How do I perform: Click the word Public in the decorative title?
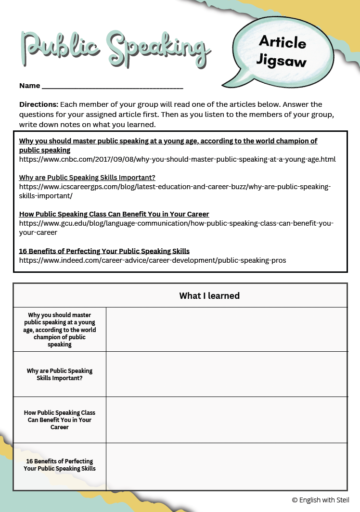tap(60, 48)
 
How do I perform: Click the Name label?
tap(29, 86)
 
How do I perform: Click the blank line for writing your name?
tap(112, 87)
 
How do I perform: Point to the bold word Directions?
tap(39, 104)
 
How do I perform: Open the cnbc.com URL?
tap(177, 159)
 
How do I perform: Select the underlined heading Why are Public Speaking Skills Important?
tap(87, 178)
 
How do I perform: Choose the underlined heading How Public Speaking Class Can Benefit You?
tap(114, 214)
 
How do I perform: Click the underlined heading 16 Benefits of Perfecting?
tap(104, 251)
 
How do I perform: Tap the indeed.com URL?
tap(153, 260)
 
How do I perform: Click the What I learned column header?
tap(209, 296)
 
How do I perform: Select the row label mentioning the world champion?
tap(60, 330)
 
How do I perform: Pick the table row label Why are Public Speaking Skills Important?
tap(60, 374)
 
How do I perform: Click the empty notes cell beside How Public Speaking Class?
tap(226, 420)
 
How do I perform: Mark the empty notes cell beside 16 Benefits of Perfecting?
tap(226, 466)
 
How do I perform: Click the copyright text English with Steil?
tap(321, 500)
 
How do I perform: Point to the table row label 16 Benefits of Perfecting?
tap(60, 465)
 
